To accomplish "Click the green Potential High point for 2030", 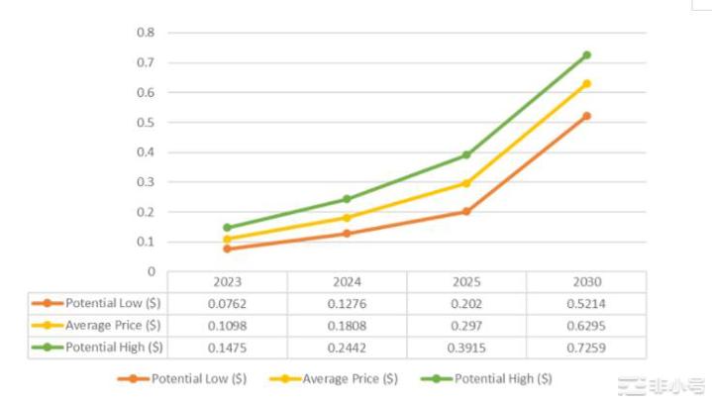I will pyautogui.click(x=586, y=54).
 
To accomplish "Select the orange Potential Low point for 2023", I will pyautogui.click(x=227, y=249).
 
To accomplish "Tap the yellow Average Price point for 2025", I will pyautogui.click(x=466, y=183).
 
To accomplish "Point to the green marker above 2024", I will pyautogui.click(x=347, y=199).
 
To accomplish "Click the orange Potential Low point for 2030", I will pyautogui.click(x=586, y=116).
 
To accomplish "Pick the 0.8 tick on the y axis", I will pyautogui.click(x=147, y=33).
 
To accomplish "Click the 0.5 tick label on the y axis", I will pyautogui.click(x=147, y=122).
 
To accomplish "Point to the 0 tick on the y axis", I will pyautogui.click(x=151, y=271).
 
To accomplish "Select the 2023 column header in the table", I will pyautogui.click(x=227, y=282).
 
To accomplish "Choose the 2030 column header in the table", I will pyautogui.click(x=586, y=282).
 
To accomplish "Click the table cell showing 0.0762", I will pyautogui.click(x=227, y=304).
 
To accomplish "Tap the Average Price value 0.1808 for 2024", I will pyautogui.click(x=347, y=326).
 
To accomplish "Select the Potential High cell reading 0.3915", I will pyautogui.click(x=466, y=348).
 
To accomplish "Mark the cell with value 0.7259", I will pyautogui.click(x=586, y=348).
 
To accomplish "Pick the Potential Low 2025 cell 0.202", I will pyautogui.click(x=466, y=304).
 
